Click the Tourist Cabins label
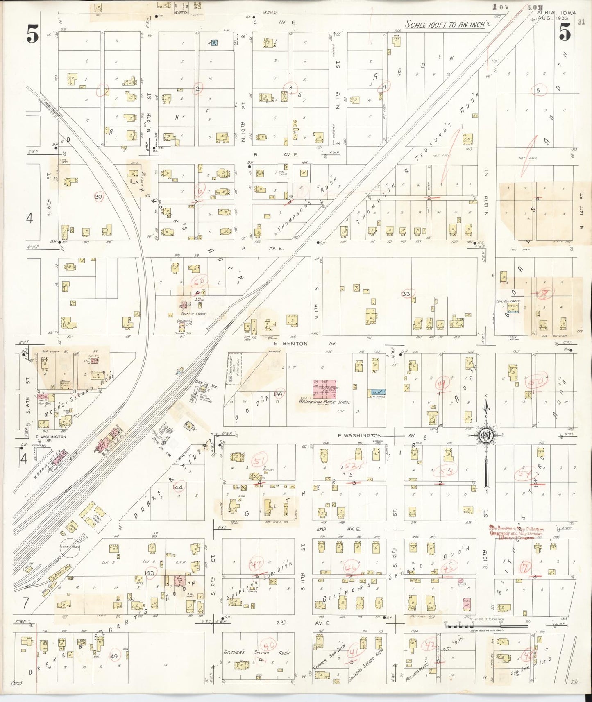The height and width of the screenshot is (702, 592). click(x=187, y=314)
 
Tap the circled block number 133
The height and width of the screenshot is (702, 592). click(x=406, y=294)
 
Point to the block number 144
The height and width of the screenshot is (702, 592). click(x=178, y=487)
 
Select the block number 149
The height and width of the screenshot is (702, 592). click(x=113, y=656)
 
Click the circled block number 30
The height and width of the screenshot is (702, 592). click(x=98, y=197)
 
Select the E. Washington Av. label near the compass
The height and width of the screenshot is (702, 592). click(x=361, y=436)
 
